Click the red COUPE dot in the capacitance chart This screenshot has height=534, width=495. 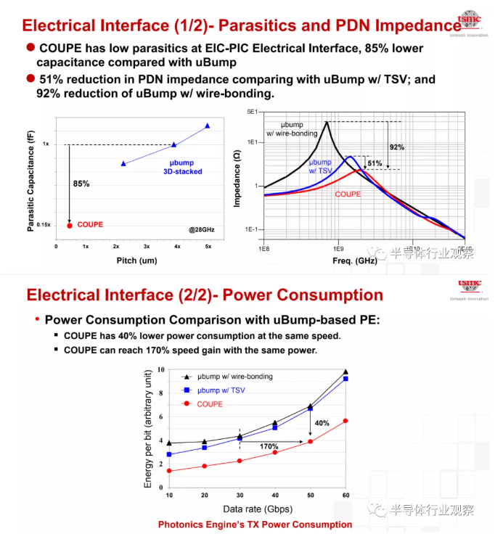69,225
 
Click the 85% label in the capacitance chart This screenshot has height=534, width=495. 81,184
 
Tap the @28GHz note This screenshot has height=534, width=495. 202,229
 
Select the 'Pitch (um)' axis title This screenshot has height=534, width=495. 137,260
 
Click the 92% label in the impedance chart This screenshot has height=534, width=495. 396,147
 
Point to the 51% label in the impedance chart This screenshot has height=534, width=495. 374,163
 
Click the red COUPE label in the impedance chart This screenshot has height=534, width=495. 348,194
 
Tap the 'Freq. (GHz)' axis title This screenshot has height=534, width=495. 356,259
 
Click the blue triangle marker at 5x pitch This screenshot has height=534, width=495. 208,126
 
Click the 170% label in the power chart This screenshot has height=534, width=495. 269,446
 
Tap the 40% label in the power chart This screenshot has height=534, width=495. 321,423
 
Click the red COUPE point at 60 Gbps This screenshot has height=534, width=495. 345,421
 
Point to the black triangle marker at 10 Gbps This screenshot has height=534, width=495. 169,443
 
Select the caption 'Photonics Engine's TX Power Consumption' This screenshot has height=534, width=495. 255,525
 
